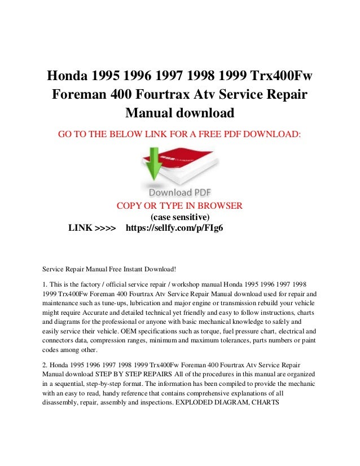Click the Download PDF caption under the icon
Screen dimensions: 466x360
180,192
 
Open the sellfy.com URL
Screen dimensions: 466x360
174,228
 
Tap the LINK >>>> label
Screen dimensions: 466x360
92,228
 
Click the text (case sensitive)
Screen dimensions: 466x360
180,217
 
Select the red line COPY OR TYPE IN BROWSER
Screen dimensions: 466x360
179,205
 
